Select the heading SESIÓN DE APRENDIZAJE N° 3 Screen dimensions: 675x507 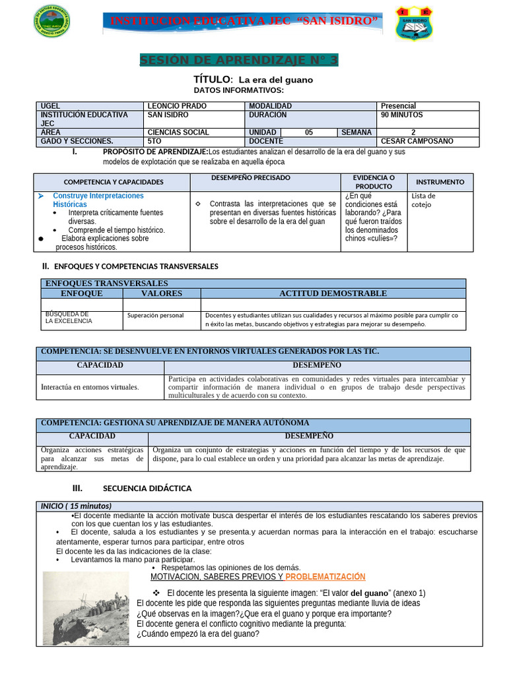239,61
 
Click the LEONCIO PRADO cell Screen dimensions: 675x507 177,106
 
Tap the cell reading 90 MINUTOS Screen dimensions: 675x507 402,115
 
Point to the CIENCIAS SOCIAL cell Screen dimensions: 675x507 178,132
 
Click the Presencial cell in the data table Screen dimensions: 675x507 399,106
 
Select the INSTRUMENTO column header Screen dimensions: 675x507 440,182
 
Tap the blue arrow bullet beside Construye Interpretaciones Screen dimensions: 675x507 40,196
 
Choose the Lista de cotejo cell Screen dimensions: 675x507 423,200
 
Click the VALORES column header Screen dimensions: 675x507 161,293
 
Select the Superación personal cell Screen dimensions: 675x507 156,316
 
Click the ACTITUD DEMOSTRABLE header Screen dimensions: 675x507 333,293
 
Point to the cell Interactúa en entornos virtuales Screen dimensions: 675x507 90,387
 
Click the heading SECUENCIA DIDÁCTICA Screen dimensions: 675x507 147,488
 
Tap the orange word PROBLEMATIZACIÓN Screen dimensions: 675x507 325,577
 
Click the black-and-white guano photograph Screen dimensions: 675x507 86,608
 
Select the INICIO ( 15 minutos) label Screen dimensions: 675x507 77,506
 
